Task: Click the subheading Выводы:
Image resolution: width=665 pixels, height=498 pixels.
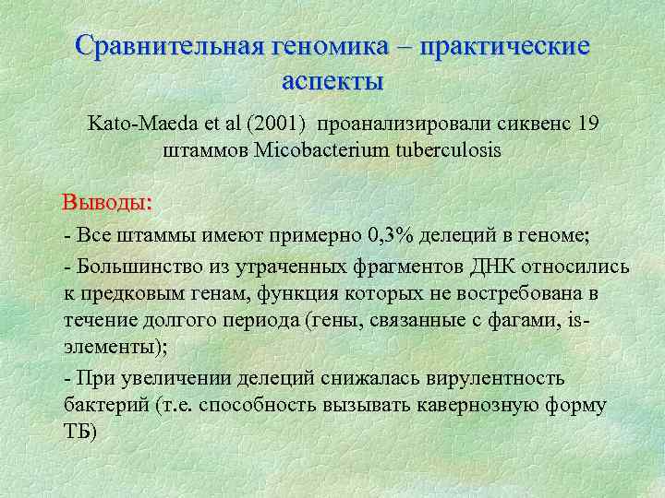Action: coord(107,202)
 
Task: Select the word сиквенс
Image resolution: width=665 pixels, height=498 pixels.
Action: coord(527,123)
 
